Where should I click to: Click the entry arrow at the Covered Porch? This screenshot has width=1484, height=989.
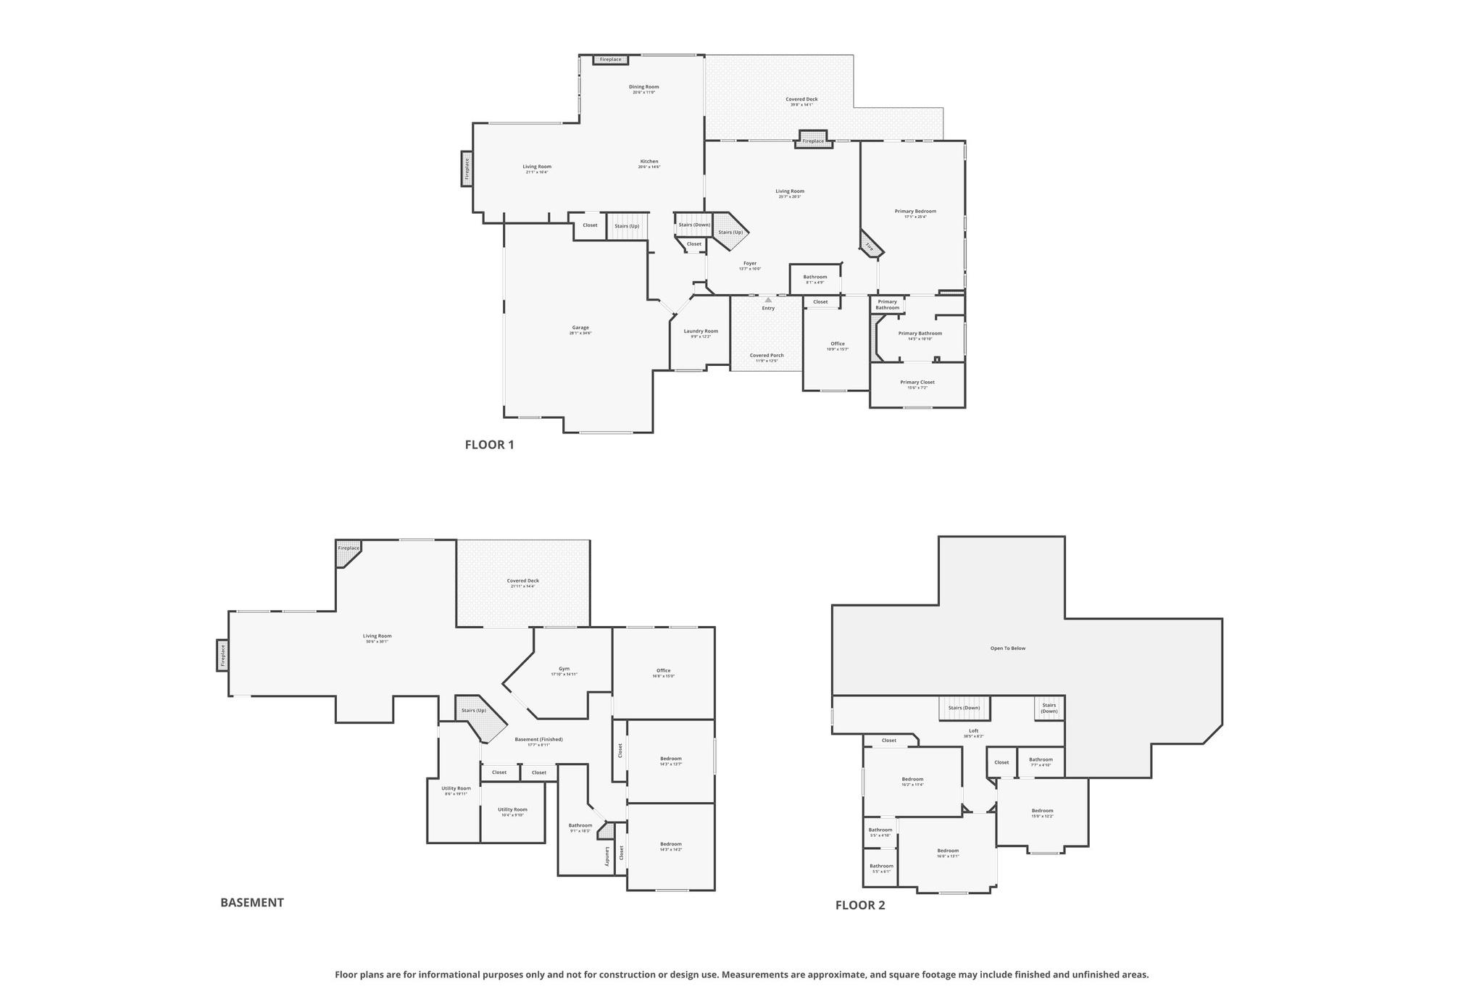(x=768, y=300)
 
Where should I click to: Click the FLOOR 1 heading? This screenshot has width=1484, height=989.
(x=489, y=445)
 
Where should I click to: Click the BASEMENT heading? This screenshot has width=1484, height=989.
(x=251, y=903)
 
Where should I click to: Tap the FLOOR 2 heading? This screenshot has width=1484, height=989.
(x=860, y=905)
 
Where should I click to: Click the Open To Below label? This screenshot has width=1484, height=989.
(x=1008, y=648)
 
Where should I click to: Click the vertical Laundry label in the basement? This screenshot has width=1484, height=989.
(x=607, y=856)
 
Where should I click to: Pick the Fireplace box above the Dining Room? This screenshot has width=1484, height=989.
(x=610, y=59)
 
